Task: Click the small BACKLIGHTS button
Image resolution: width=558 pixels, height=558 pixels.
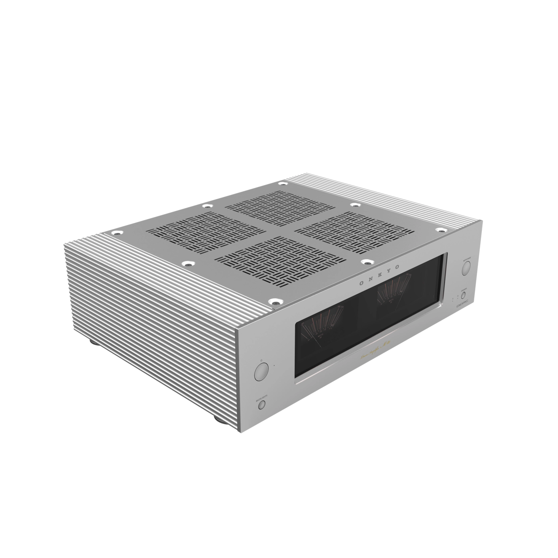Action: tap(261, 405)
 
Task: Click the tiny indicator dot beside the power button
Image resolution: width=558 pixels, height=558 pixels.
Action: tap(274, 365)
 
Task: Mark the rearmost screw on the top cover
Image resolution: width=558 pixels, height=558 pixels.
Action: tap(282, 184)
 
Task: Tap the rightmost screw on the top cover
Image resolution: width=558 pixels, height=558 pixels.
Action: tap(441, 230)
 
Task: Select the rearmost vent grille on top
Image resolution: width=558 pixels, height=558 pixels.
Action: tap(280, 208)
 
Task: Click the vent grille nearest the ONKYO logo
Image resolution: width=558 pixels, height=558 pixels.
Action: tap(279, 261)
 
